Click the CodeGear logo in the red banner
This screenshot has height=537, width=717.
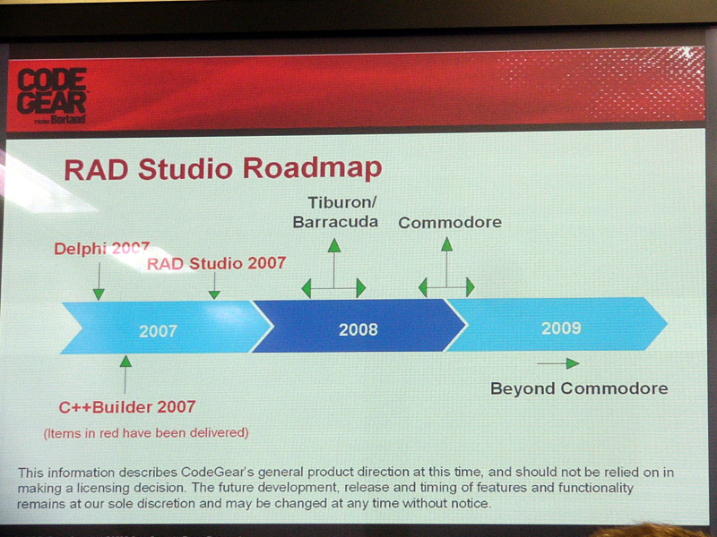pyautogui.click(x=52, y=97)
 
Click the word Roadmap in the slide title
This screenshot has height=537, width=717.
pyautogui.click(x=312, y=168)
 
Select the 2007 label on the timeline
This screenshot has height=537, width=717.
pyautogui.click(x=159, y=330)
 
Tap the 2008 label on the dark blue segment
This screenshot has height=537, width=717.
pyautogui.click(x=358, y=329)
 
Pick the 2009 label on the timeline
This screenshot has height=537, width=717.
pyautogui.click(x=561, y=328)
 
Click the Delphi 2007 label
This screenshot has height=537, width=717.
pyautogui.click(x=101, y=249)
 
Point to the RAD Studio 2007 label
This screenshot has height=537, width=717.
pyautogui.click(x=216, y=263)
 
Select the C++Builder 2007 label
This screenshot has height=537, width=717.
pyautogui.click(x=127, y=407)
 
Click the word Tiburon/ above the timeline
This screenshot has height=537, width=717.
pyautogui.click(x=342, y=202)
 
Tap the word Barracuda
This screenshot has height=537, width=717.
pyautogui.click(x=335, y=222)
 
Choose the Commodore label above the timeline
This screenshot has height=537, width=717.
pyautogui.click(x=450, y=222)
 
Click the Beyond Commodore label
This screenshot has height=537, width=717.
pyautogui.click(x=579, y=388)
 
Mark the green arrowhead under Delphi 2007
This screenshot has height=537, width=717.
pyautogui.click(x=99, y=294)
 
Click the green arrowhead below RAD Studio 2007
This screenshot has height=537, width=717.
pyautogui.click(x=214, y=294)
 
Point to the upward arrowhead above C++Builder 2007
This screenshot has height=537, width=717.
pyautogui.click(x=125, y=362)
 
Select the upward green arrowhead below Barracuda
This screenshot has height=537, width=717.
pyautogui.click(x=334, y=245)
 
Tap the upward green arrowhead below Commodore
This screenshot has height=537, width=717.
pyautogui.click(x=446, y=244)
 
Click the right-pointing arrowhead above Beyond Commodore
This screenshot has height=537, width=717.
pyautogui.click(x=573, y=363)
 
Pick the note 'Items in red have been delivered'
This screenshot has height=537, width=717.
pyautogui.click(x=146, y=433)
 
